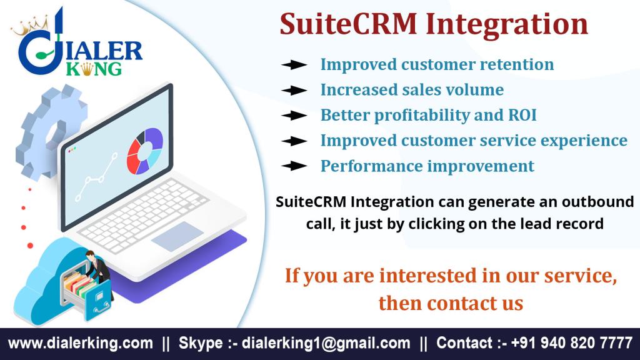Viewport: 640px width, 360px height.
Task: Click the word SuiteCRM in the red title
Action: tap(348, 24)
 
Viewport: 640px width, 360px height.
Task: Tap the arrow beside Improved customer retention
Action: tap(294, 64)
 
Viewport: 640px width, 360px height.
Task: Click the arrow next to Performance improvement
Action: tap(294, 166)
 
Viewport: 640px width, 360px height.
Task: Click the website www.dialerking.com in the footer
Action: tap(81, 343)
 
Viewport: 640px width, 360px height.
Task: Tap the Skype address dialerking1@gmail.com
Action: tap(326, 343)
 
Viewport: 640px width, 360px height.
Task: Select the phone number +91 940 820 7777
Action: tap(571, 343)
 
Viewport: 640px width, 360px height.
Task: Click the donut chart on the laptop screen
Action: tap(145, 151)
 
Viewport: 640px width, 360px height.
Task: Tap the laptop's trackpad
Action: tap(177, 236)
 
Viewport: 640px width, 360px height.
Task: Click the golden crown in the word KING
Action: tap(87, 69)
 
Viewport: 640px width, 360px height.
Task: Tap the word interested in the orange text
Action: tap(427, 275)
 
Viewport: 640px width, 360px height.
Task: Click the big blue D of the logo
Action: tap(37, 54)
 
